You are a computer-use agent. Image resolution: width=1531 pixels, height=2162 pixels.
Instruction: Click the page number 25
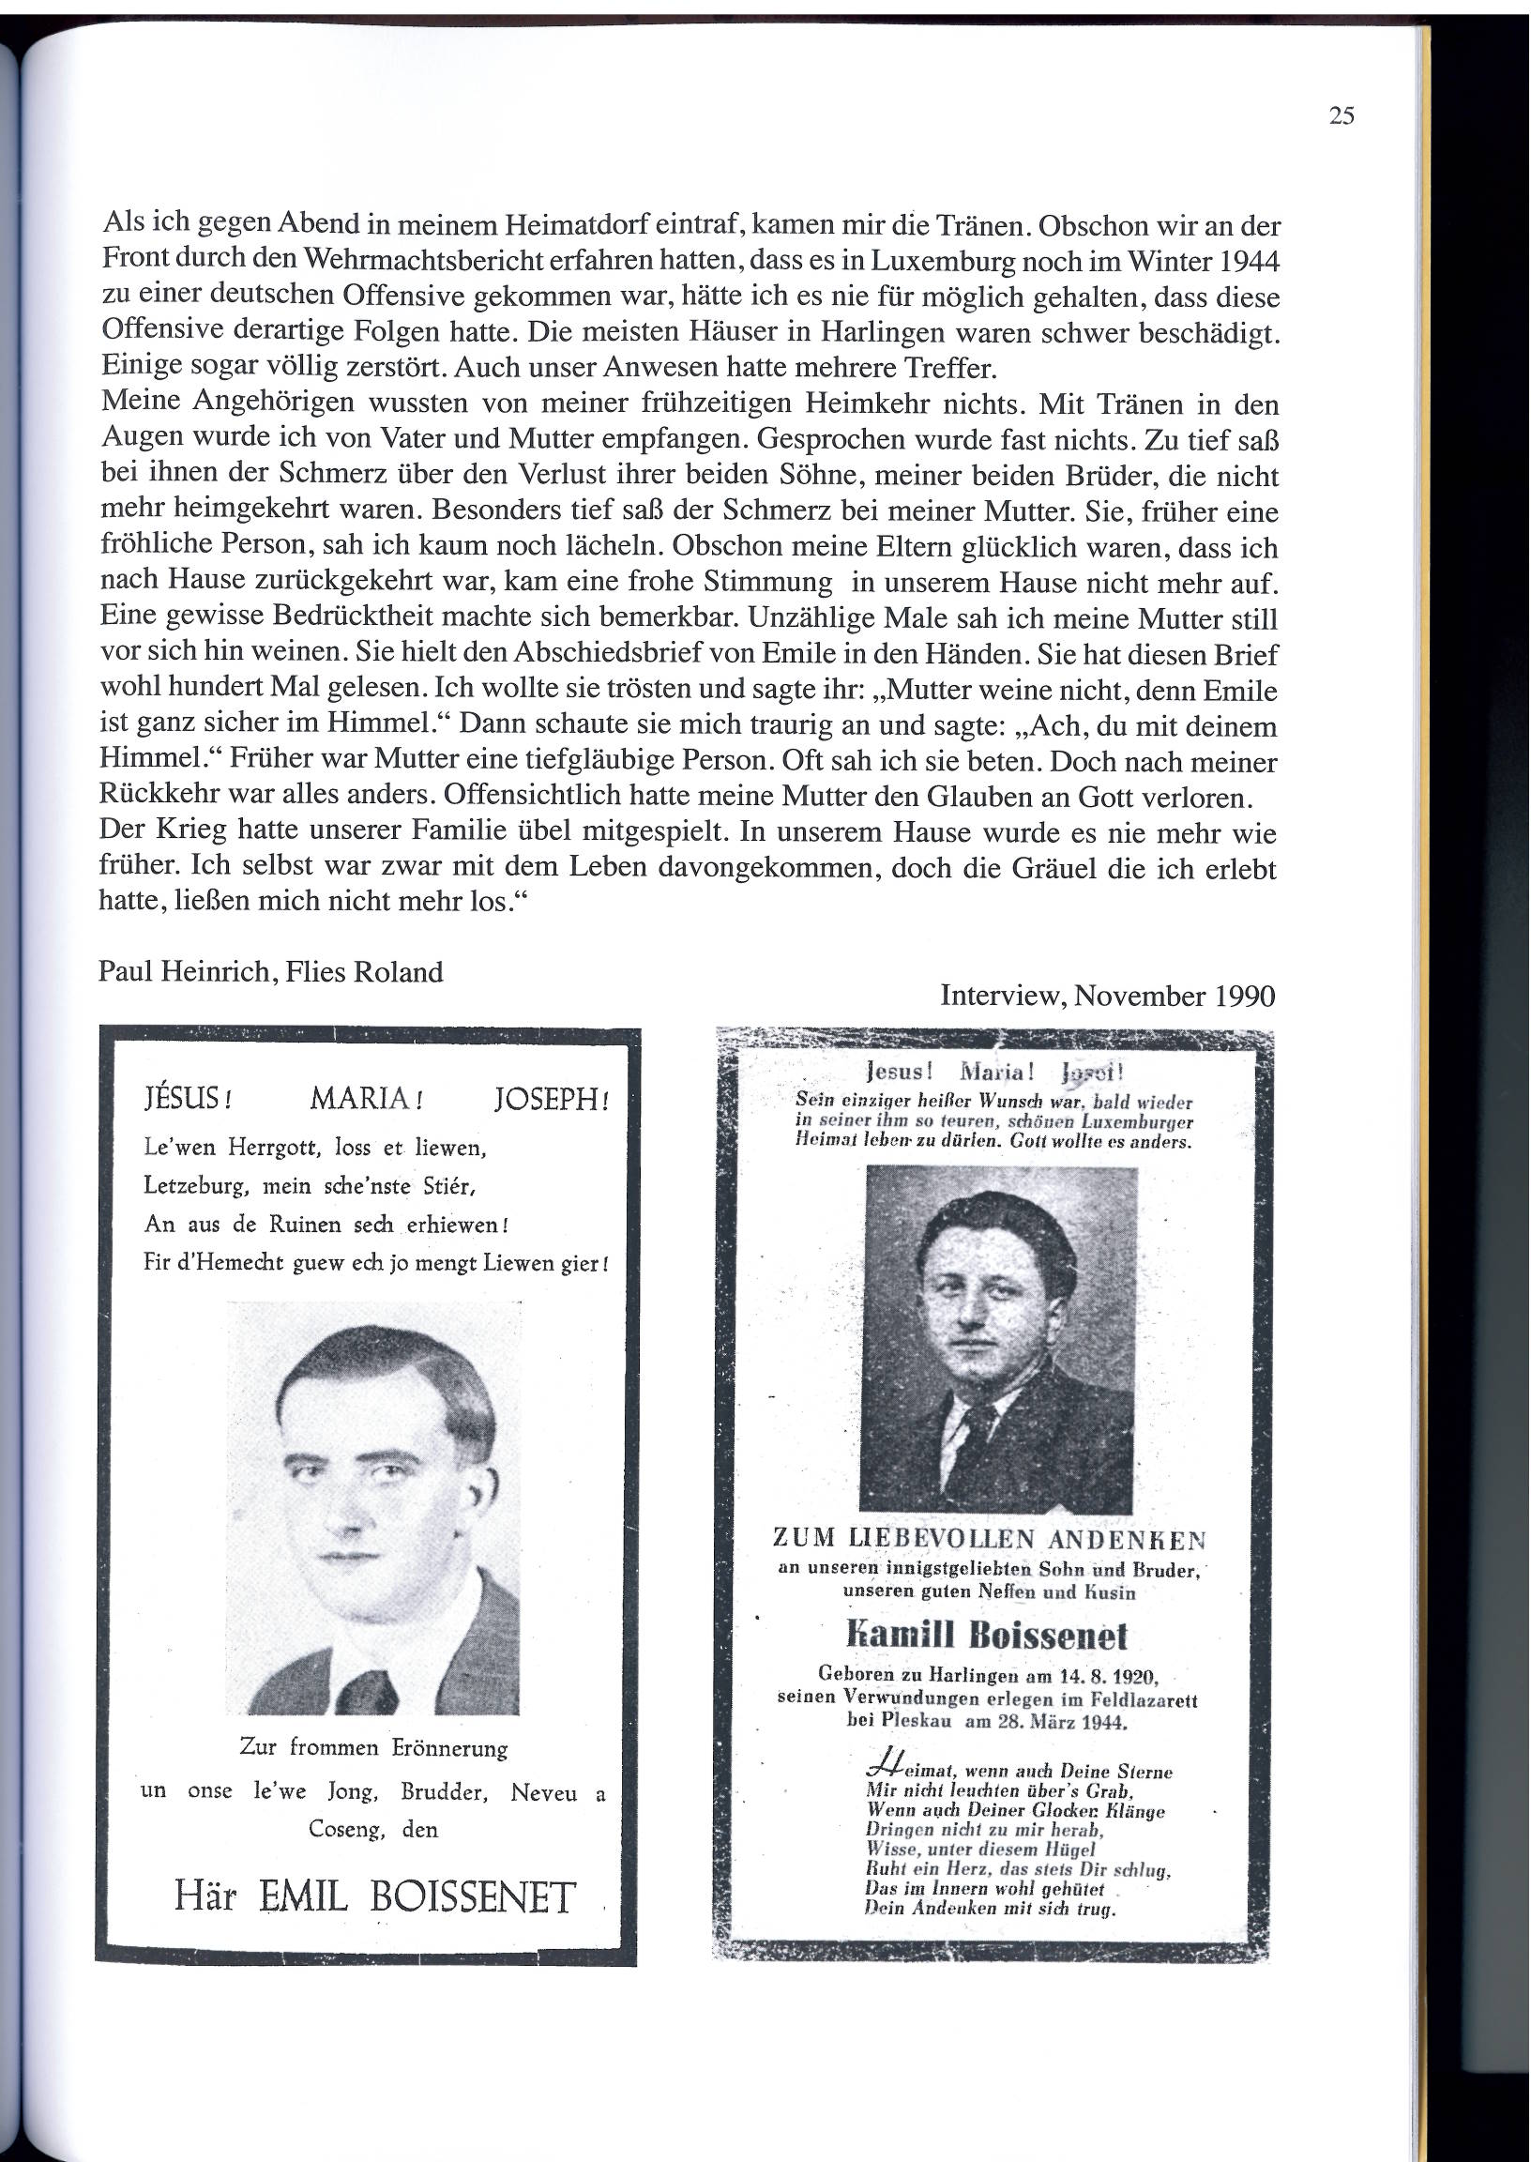point(1341,116)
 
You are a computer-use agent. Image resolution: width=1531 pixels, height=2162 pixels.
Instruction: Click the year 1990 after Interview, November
point(1240,996)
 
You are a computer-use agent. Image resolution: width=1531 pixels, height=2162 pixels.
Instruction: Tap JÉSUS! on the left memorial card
point(188,1100)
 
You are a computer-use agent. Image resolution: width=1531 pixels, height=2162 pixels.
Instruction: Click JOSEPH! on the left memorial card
point(552,1100)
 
